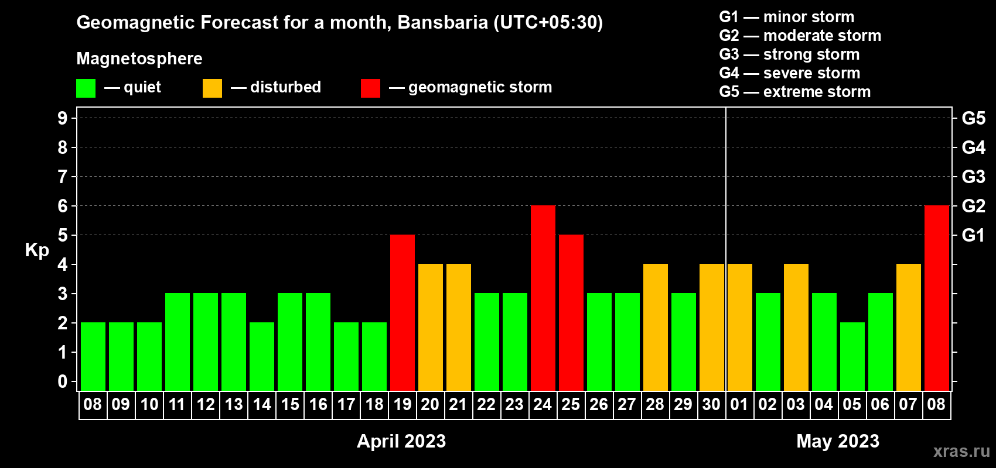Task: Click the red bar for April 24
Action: (x=543, y=298)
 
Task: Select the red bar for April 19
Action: (x=403, y=312)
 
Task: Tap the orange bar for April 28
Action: (x=656, y=327)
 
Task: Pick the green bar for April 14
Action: (x=262, y=356)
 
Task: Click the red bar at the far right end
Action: (x=936, y=298)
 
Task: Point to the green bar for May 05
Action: (x=852, y=356)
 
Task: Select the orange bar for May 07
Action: (x=908, y=327)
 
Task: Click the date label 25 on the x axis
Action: (x=571, y=404)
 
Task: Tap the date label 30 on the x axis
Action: (x=711, y=404)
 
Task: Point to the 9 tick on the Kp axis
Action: (x=63, y=118)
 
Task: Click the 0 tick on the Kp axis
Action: (x=63, y=381)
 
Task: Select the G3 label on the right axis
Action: (x=974, y=177)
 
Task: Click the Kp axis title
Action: (x=37, y=250)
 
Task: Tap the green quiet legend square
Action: (x=86, y=88)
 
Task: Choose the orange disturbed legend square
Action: (x=212, y=88)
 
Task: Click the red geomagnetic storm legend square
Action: (x=370, y=88)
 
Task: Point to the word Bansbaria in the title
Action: (x=443, y=22)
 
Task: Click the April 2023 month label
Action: (x=401, y=441)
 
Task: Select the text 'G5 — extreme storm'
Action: (x=795, y=92)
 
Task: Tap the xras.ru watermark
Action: (x=961, y=452)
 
